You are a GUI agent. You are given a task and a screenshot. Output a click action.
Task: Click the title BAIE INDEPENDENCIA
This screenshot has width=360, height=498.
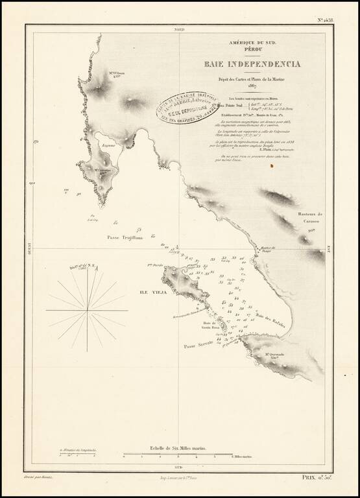(x=252, y=64)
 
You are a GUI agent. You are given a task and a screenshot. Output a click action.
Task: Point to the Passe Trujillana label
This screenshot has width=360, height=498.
(x=124, y=238)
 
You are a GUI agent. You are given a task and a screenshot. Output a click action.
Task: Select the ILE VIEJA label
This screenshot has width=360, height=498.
(x=154, y=292)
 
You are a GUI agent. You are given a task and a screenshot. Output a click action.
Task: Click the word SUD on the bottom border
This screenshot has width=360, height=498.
(x=180, y=466)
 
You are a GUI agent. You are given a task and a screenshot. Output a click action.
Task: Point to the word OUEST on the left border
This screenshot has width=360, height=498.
(x=29, y=249)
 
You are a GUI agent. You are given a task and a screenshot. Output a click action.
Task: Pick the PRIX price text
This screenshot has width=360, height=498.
(x=317, y=477)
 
